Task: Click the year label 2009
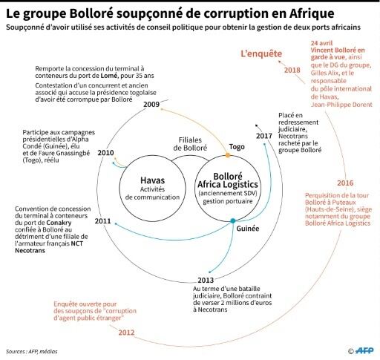[151, 104]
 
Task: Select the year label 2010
[105, 153]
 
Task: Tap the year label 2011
[102, 220]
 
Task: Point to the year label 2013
[206, 280]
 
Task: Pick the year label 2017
[264, 136]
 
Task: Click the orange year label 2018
[292, 70]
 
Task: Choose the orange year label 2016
[345, 183]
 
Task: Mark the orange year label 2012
[126, 333]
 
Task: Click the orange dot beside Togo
[228, 155]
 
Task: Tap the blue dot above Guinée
[233, 220]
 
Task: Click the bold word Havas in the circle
[153, 180]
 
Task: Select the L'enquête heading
[261, 53]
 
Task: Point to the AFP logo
[364, 350]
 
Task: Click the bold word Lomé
[109, 76]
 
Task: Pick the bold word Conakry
[59, 223]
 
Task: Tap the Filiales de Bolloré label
[190, 144]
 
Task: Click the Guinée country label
[248, 229]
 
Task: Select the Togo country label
[237, 147]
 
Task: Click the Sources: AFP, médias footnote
[32, 351]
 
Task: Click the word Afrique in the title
[312, 13]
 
